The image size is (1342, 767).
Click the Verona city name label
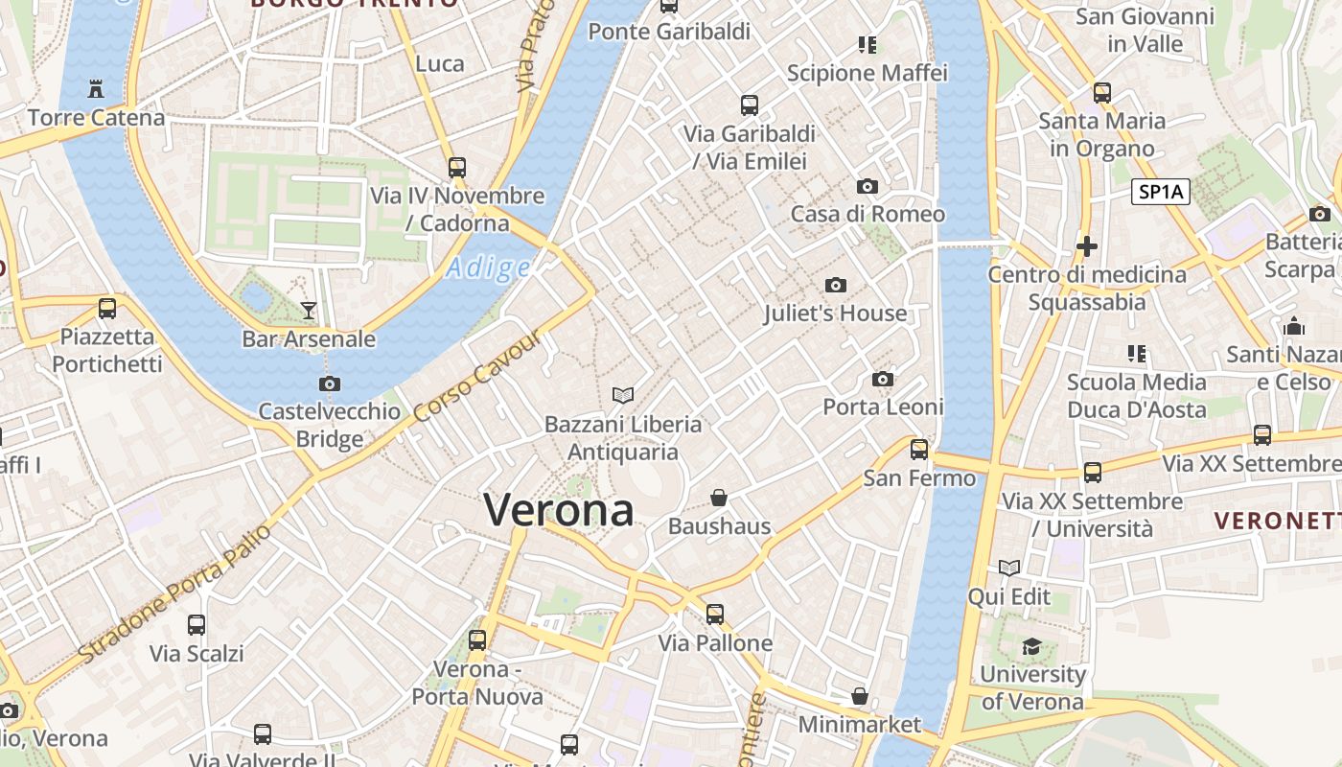pyautogui.click(x=559, y=510)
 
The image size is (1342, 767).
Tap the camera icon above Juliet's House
pyautogui.click(x=836, y=285)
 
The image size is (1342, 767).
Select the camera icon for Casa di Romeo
pyautogui.click(x=868, y=186)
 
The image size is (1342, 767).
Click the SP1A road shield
pyautogui.click(x=1161, y=192)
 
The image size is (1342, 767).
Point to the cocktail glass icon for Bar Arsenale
pyautogui.click(x=309, y=310)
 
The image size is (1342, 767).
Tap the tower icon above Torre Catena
pyautogui.click(x=96, y=88)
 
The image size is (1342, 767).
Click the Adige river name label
pyautogui.click(x=488, y=267)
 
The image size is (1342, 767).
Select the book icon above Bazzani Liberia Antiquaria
pyautogui.click(x=623, y=395)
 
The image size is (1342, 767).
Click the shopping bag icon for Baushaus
pyautogui.click(x=719, y=498)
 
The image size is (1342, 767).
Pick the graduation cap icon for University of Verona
pyautogui.click(x=1031, y=646)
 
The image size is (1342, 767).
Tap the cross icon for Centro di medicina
pyautogui.click(x=1087, y=246)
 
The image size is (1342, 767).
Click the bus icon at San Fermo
pyautogui.click(x=919, y=449)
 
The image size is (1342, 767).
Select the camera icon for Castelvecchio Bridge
pyautogui.click(x=330, y=383)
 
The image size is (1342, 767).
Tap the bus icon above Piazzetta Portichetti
pyautogui.click(x=107, y=309)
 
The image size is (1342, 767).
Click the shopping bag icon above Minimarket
pyautogui.click(x=860, y=695)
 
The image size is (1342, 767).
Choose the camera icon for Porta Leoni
pyautogui.click(x=883, y=379)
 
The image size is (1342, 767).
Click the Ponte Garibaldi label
pyautogui.click(x=668, y=32)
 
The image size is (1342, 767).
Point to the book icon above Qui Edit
pyautogui.click(x=1008, y=568)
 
